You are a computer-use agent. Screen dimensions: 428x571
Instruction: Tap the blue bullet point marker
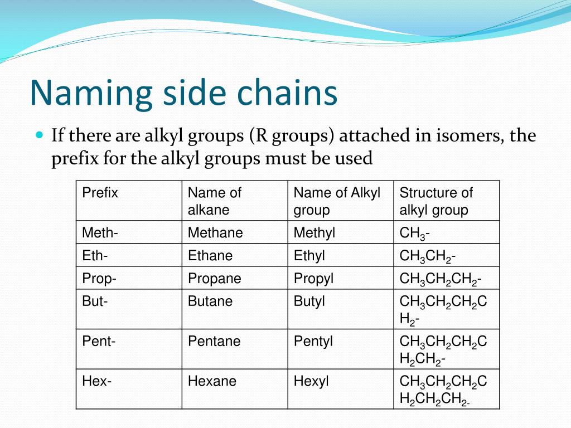point(39,135)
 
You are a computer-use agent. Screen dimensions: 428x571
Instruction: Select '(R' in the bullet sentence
point(258,135)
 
